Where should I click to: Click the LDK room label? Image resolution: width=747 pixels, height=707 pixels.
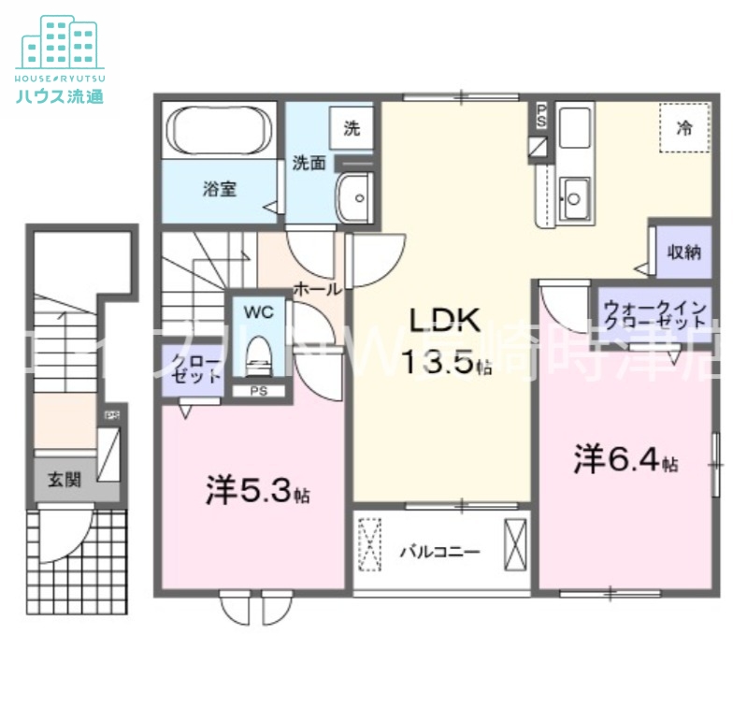(443, 321)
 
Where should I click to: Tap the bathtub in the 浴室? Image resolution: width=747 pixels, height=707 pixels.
(220, 131)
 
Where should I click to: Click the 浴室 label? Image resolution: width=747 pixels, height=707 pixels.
(220, 189)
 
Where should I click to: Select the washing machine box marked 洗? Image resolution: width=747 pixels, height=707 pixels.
(352, 129)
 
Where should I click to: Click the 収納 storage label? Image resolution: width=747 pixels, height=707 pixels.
(684, 252)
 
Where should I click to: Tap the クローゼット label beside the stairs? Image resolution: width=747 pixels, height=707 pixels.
(194, 369)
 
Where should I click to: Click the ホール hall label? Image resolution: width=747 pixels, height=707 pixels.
(317, 289)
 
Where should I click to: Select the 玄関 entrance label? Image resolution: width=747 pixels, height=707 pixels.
(65, 480)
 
